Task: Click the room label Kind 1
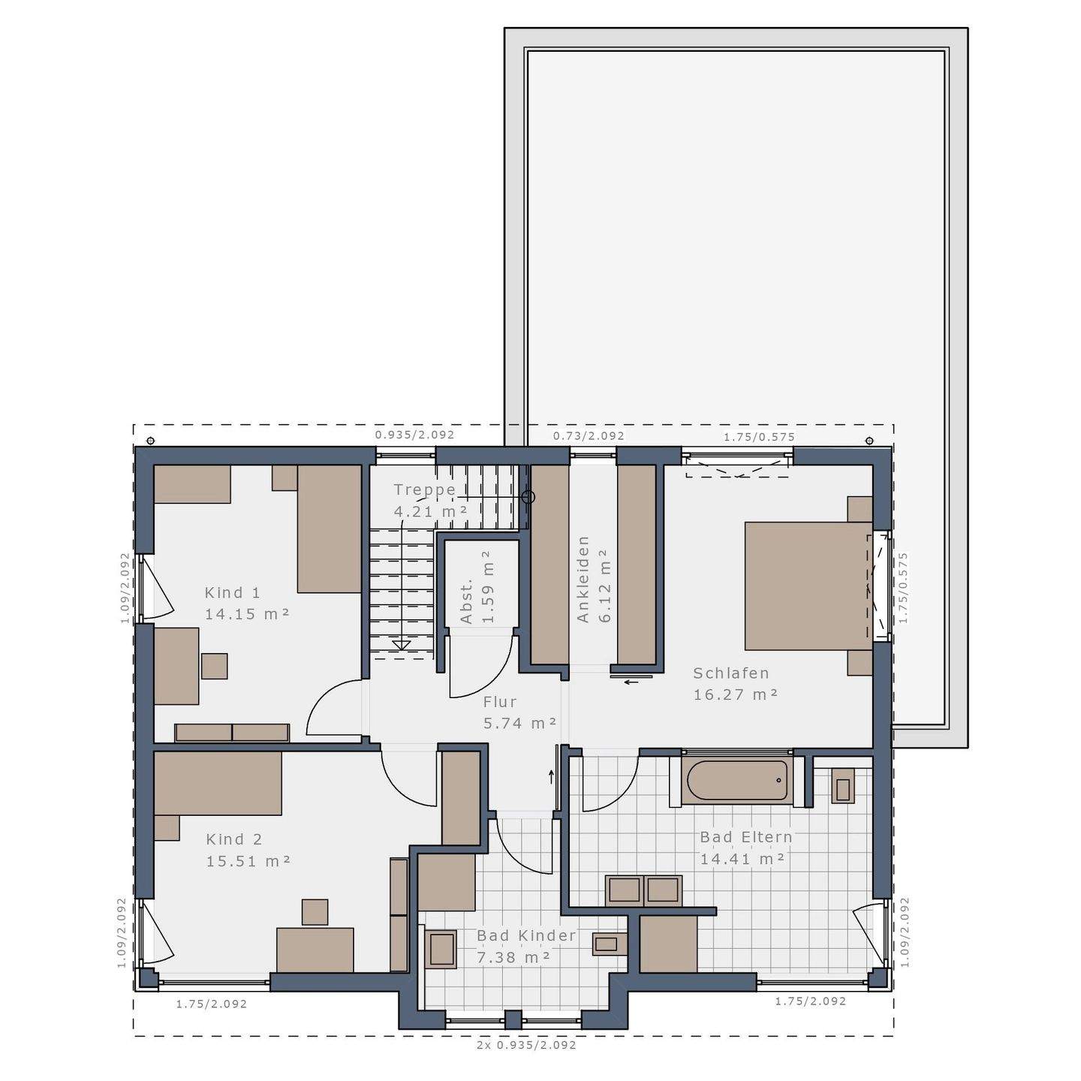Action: pos(232,592)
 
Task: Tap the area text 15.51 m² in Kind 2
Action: pos(248,860)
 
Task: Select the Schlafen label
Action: pos(730,673)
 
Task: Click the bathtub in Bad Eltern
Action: pos(736,781)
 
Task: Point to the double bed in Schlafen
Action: pos(808,586)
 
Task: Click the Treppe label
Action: pos(425,490)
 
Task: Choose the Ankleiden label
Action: pos(583,579)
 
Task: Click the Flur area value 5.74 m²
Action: pos(519,723)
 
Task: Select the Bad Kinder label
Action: pos(526,935)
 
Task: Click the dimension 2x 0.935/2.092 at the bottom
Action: pos(526,1045)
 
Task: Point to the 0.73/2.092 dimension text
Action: pos(589,435)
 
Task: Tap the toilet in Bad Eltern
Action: pos(843,787)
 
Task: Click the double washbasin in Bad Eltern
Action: pos(643,890)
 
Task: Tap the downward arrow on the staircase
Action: pos(402,644)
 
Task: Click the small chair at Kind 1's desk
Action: pos(214,666)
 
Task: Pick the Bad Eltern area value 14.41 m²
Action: pos(742,858)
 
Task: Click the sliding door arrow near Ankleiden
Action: pos(631,682)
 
